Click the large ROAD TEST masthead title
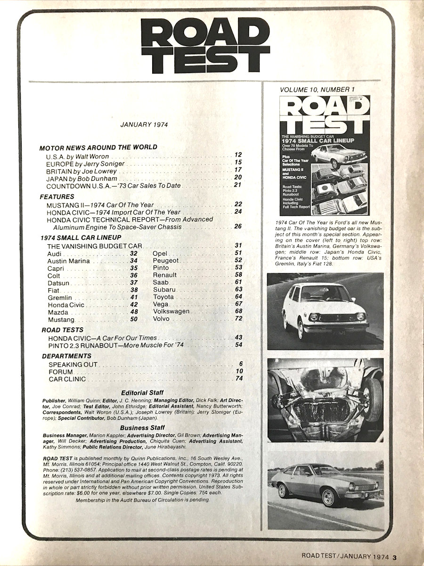pyautogui.click(x=205, y=46)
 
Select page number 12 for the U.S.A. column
pyautogui.click(x=238, y=155)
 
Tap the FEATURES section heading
pyautogui.click(x=57, y=196)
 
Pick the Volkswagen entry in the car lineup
pyautogui.click(x=171, y=311)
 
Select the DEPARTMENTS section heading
pyautogui.click(x=66, y=356)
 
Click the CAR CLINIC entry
pyautogui.click(x=67, y=379)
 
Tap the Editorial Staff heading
pyautogui.click(x=143, y=392)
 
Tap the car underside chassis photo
pyautogui.click(x=325, y=400)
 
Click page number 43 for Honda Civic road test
pyautogui.click(x=237, y=338)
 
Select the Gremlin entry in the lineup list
pyautogui.click(x=58, y=297)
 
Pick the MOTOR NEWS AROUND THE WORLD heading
pyautogui.click(x=98, y=147)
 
